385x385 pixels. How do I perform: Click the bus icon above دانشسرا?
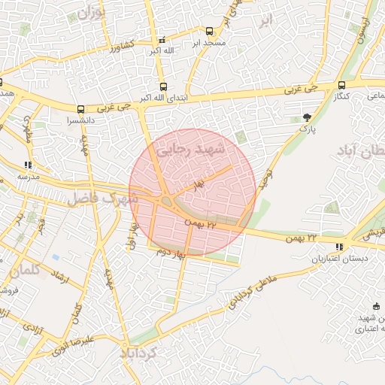pyautogui.click(x=81, y=109)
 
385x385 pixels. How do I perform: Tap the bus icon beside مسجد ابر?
pyautogui.click(x=209, y=32)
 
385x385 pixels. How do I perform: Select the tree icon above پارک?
pyautogui.click(x=307, y=117)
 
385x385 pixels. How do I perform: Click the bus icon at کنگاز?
pyautogui.click(x=342, y=85)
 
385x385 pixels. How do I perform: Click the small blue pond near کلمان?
pyautogui.click(x=56, y=257)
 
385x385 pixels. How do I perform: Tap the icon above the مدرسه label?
pyautogui.click(x=28, y=165)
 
